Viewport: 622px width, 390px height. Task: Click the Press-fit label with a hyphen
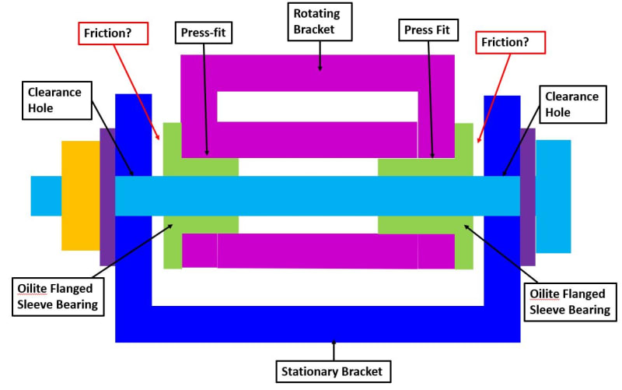click(203, 33)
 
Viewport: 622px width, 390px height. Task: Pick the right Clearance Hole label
click(571, 104)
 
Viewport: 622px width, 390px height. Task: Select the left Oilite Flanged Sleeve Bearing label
click(58, 296)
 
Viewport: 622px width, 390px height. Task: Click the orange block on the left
click(80, 195)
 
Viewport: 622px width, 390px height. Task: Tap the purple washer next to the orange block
click(107, 196)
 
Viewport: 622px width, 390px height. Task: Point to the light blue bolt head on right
click(553, 196)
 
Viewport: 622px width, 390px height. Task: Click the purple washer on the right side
click(527, 196)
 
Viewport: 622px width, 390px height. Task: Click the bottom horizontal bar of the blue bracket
click(317, 325)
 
